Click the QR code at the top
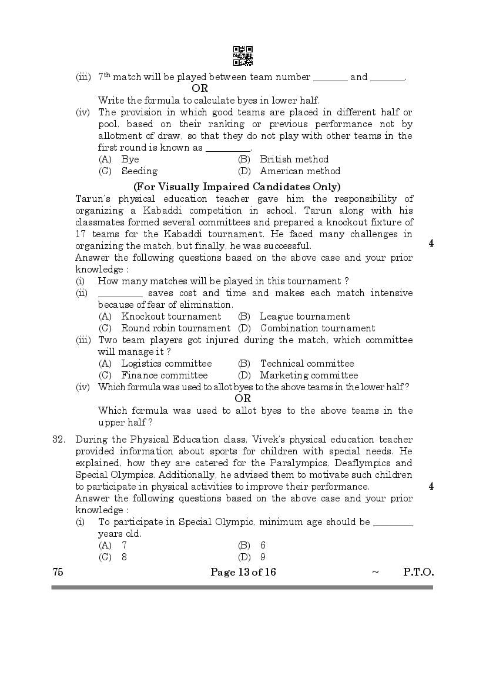coord(243,55)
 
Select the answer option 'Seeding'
coord(139,171)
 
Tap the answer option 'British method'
coord(294,159)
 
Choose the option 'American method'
coord(300,171)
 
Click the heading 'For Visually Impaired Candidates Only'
coord(237,187)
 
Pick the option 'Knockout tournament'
coord(163,317)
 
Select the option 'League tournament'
coord(304,317)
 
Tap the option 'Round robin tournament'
coord(176,328)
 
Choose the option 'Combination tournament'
coord(317,328)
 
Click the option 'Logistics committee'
coord(166,364)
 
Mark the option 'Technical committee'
coord(307,364)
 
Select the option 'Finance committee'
coord(164,375)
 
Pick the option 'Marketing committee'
coord(309,375)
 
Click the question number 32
coord(58,440)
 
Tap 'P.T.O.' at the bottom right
coord(418,572)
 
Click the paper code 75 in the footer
coord(58,572)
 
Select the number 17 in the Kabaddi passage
coord(81,234)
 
